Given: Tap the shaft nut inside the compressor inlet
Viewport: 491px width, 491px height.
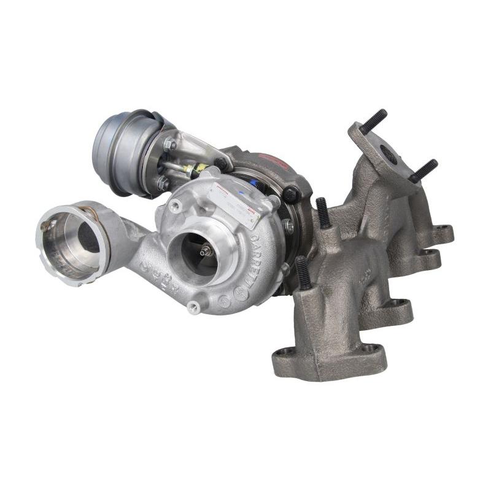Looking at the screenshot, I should pyautogui.click(x=205, y=250).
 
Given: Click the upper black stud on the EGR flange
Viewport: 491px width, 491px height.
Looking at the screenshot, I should pyautogui.click(x=373, y=121).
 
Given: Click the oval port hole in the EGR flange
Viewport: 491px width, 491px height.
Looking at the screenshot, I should pyautogui.click(x=388, y=154).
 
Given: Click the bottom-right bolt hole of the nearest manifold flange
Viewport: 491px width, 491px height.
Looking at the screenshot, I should pyautogui.click(x=369, y=349).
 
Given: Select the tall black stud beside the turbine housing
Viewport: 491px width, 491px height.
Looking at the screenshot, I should pyautogui.click(x=323, y=212).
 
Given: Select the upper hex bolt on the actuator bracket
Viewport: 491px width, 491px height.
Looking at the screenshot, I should pyautogui.click(x=169, y=145).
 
